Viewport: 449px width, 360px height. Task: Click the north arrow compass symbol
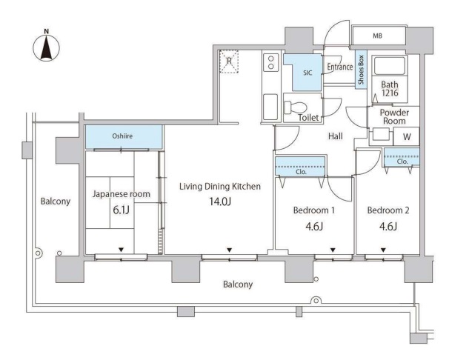(x=47, y=46)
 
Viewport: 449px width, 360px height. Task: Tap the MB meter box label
(x=377, y=36)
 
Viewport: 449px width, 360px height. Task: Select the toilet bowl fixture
(x=296, y=108)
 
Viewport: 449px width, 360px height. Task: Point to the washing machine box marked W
(x=406, y=136)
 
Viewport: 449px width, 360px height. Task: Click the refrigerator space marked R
(x=229, y=61)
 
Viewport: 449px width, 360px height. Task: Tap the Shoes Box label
(x=361, y=70)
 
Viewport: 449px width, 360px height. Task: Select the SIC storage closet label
(x=307, y=73)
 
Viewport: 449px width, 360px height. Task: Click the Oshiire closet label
(x=122, y=136)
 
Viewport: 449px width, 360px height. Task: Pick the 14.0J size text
(x=220, y=201)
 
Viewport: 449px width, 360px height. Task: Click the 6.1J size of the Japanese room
(x=121, y=210)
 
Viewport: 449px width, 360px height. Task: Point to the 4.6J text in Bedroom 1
(x=314, y=227)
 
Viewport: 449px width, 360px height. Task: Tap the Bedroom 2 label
(x=388, y=210)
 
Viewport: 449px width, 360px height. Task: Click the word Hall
(x=336, y=136)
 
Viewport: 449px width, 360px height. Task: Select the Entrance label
(x=340, y=67)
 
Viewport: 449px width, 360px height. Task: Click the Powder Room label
(x=394, y=116)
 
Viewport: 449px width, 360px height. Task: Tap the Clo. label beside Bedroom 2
(x=402, y=161)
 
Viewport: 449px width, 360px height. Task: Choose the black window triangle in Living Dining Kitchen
(x=229, y=250)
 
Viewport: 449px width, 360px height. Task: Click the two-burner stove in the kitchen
(x=270, y=62)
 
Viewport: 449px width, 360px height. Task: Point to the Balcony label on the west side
(x=56, y=201)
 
